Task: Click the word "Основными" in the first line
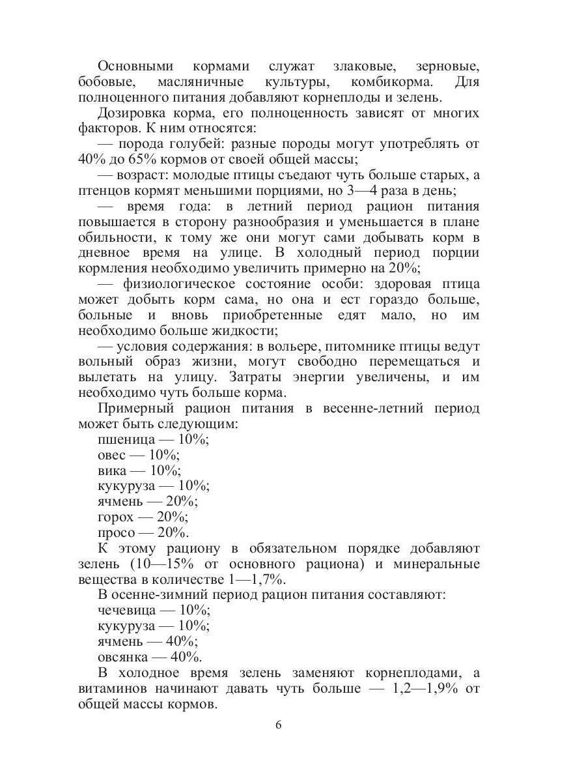click(x=135, y=66)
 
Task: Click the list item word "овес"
click(x=111, y=456)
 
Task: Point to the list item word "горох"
click(x=115, y=517)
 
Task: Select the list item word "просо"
click(x=115, y=533)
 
